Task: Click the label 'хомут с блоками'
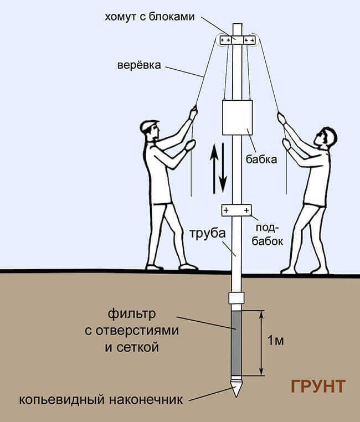(150, 17)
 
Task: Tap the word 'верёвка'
(139, 65)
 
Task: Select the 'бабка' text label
(261, 159)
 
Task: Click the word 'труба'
(208, 233)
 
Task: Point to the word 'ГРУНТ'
(318, 387)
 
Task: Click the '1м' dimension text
(276, 341)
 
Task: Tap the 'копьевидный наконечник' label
(101, 400)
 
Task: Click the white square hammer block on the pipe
(237, 117)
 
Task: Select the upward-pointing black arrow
(214, 168)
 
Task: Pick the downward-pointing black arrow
(223, 168)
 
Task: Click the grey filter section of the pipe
(236, 343)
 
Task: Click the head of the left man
(150, 130)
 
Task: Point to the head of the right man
(326, 137)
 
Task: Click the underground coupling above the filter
(236, 298)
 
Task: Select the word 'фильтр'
(132, 314)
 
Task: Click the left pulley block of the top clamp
(225, 40)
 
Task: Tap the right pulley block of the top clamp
(249, 40)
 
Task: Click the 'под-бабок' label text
(268, 234)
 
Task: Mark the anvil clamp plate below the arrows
(236, 210)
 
